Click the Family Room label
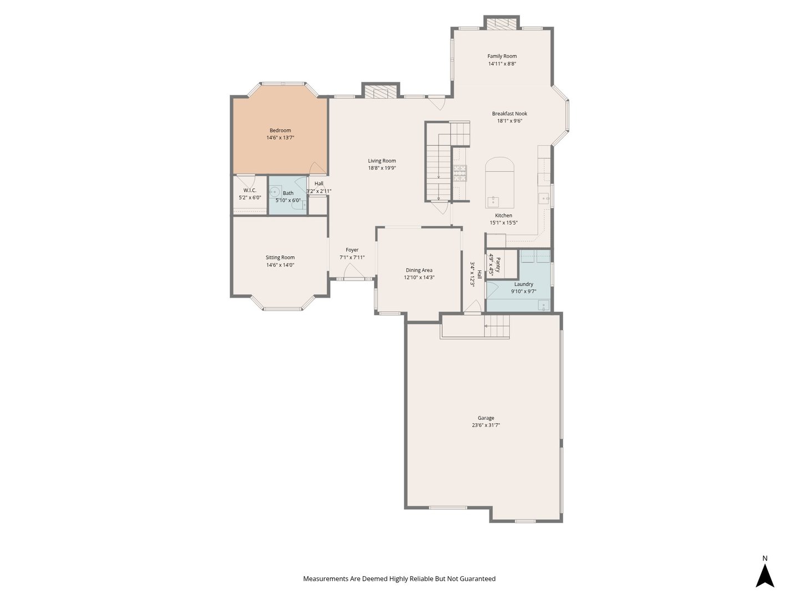click(502, 56)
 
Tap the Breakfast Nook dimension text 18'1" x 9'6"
click(509, 121)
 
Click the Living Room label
click(382, 161)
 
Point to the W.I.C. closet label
click(250, 190)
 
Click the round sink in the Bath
click(275, 191)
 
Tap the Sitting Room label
click(280, 257)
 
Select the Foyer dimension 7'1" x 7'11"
click(352, 257)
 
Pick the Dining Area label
click(419, 270)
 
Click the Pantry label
click(498, 265)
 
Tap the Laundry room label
click(523, 284)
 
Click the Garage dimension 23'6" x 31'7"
click(486, 425)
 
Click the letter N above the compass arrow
click(765, 559)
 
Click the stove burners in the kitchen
click(460, 173)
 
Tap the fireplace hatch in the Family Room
click(502, 24)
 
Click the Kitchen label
click(503, 216)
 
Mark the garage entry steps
click(497, 326)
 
